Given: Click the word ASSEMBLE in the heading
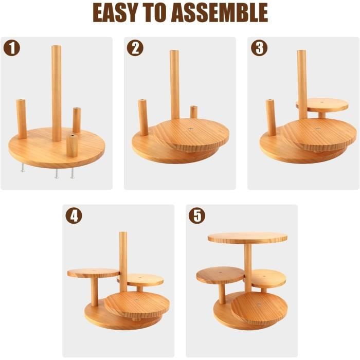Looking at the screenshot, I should pyautogui.click(x=222, y=13).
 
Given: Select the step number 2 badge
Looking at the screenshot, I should pyautogui.click(x=135, y=48).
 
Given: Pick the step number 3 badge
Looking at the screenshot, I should pyautogui.click(x=259, y=48).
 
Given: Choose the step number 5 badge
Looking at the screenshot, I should pyautogui.click(x=196, y=215).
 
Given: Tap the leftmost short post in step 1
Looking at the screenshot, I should pyautogui.click(x=21, y=118).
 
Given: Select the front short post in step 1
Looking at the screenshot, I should pyautogui.click(x=71, y=145).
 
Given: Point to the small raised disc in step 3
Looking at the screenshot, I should pyautogui.click(x=321, y=104).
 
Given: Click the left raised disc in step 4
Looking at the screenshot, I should pyautogui.click(x=93, y=273).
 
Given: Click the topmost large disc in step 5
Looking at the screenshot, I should pyautogui.click(x=247, y=237).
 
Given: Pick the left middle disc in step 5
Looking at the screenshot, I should pyautogui.click(x=220, y=275).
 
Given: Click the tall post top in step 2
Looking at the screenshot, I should pyautogui.click(x=175, y=53).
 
